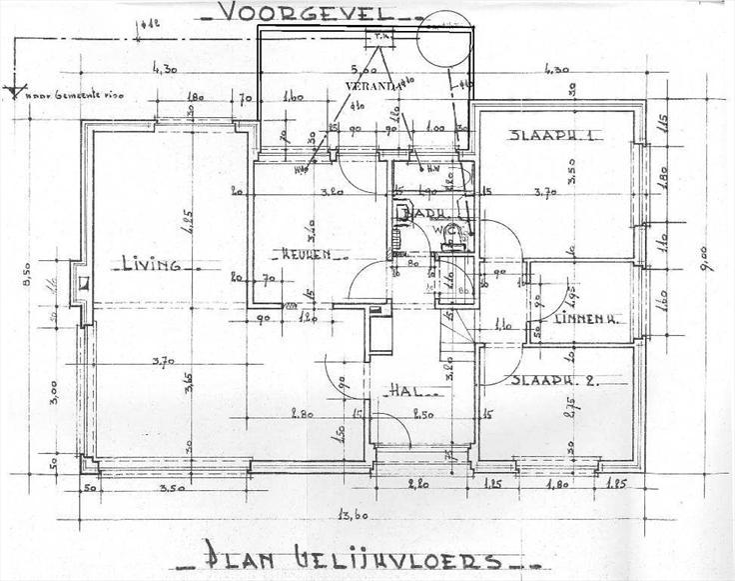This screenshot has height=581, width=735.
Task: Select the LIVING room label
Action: tap(150, 265)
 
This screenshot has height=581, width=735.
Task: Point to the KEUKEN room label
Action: tap(306, 254)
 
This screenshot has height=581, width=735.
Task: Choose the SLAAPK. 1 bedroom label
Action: tap(551, 136)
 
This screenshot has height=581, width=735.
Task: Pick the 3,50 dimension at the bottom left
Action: tap(173, 490)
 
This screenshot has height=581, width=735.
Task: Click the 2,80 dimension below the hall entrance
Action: tap(418, 484)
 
